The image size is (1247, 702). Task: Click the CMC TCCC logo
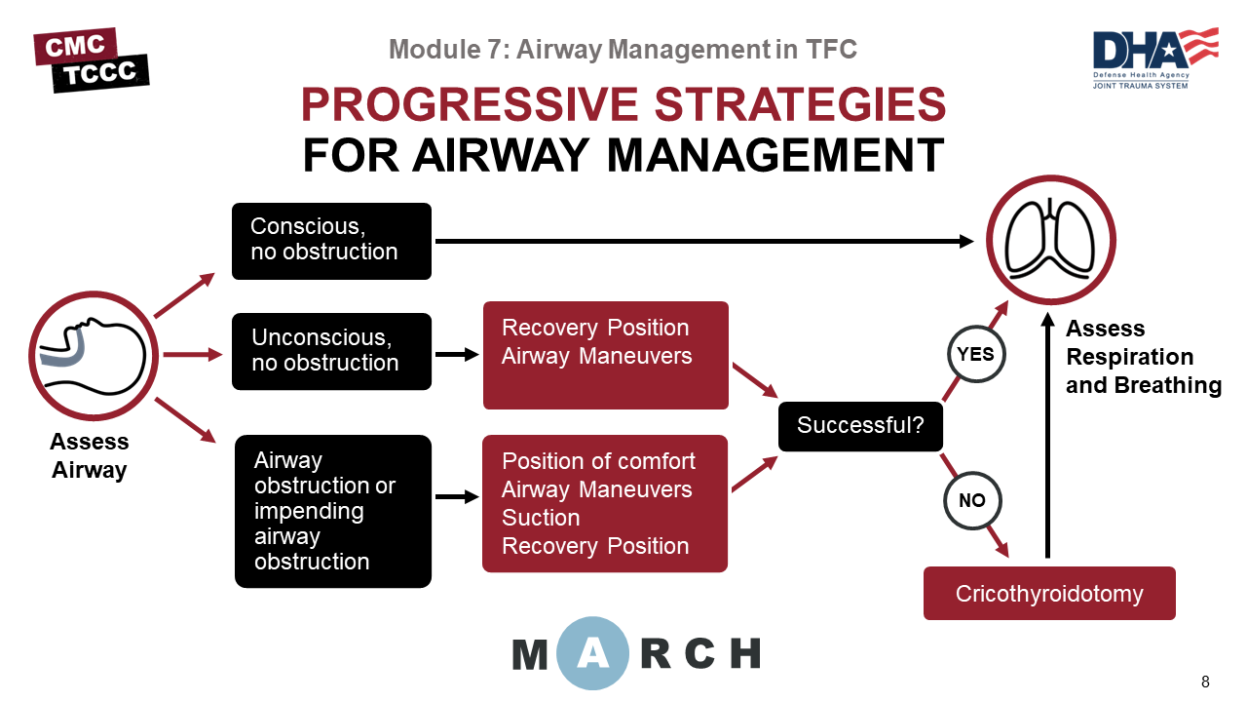point(91,59)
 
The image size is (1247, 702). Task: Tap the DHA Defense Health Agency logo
point(1154,58)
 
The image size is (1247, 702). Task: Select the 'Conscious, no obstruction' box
point(331,241)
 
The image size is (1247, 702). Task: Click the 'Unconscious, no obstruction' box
point(331,351)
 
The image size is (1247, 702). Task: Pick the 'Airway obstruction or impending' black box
point(332,511)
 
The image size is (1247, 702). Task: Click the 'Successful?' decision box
point(860,426)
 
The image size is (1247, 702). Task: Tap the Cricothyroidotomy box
point(1049,593)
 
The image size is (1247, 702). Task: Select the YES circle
point(975,354)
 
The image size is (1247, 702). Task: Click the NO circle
point(972,500)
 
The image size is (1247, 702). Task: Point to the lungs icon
point(1050,240)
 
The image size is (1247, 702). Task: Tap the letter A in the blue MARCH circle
point(592,653)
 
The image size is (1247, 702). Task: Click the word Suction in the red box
point(541,518)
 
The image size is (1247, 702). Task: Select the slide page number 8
point(1205,682)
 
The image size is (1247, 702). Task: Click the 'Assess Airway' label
point(90,456)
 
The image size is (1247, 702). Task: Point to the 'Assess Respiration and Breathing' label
point(1143,357)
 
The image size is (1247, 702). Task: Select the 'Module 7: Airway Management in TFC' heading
point(623,49)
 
